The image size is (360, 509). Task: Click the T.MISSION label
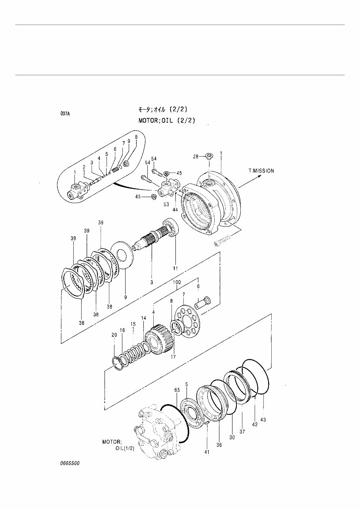pos(261,171)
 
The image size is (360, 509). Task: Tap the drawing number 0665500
pos(70,463)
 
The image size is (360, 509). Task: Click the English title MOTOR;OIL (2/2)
pos(167,120)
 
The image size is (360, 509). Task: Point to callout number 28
pos(196,157)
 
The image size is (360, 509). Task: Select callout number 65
pos(177,390)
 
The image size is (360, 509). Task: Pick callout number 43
pos(263,419)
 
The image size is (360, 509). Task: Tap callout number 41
pos(207,452)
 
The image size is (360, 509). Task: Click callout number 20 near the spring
pos(114,335)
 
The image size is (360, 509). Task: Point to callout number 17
pos(173,356)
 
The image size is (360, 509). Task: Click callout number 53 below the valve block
pos(166,204)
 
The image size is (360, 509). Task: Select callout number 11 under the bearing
pos(175,268)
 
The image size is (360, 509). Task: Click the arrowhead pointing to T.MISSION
pos(259,177)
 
